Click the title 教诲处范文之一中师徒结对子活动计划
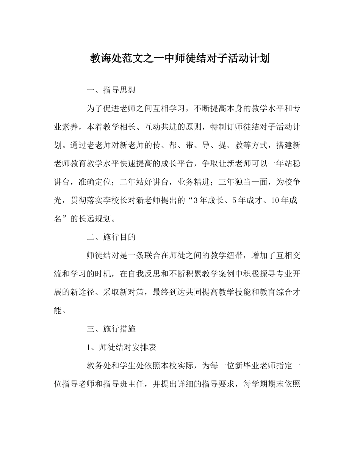pos(180,58)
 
